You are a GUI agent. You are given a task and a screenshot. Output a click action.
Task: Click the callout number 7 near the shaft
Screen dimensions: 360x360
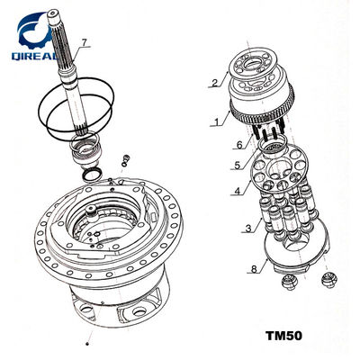click(x=85, y=43)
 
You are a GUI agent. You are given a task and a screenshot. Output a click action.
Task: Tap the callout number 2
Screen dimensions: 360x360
click(x=214, y=82)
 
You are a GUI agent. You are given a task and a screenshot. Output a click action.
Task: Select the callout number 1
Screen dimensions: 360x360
click(x=216, y=121)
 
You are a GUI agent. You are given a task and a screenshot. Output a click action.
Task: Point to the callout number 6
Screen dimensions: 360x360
click(x=239, y=145)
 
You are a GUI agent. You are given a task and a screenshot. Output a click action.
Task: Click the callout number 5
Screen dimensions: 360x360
click(x=238, y=165)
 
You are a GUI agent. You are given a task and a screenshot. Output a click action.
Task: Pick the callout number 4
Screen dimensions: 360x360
click(x=238, y=191)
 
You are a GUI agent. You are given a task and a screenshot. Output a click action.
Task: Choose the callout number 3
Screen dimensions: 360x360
click(x=248, y=229)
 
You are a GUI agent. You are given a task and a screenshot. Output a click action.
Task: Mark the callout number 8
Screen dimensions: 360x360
click(x=254, y=269)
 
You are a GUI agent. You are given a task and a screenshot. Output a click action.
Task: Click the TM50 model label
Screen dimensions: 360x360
click(x=283, y=336)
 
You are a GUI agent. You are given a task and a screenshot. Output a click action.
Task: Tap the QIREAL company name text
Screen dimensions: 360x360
click(x=34, y=56)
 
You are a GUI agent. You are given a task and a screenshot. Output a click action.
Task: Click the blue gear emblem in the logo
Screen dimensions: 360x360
click(x=35, y=30)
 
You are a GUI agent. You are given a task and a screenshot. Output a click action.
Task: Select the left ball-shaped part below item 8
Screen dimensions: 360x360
click(x=290, y=283)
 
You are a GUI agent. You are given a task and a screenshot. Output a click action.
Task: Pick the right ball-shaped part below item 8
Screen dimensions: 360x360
click(x=329, y=281)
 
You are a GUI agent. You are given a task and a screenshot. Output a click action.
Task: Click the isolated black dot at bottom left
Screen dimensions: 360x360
click(x=87, y=344)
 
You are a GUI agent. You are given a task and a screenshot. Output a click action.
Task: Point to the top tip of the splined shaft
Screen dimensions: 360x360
click(x=53, y=12)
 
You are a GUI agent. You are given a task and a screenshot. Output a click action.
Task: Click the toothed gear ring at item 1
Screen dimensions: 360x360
click(x=262, y=114)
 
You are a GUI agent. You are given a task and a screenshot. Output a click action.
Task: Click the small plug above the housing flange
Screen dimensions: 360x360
click(x=125, y=160)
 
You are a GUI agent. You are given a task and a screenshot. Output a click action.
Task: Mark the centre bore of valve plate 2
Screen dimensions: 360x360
click(x=253, y=64)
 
